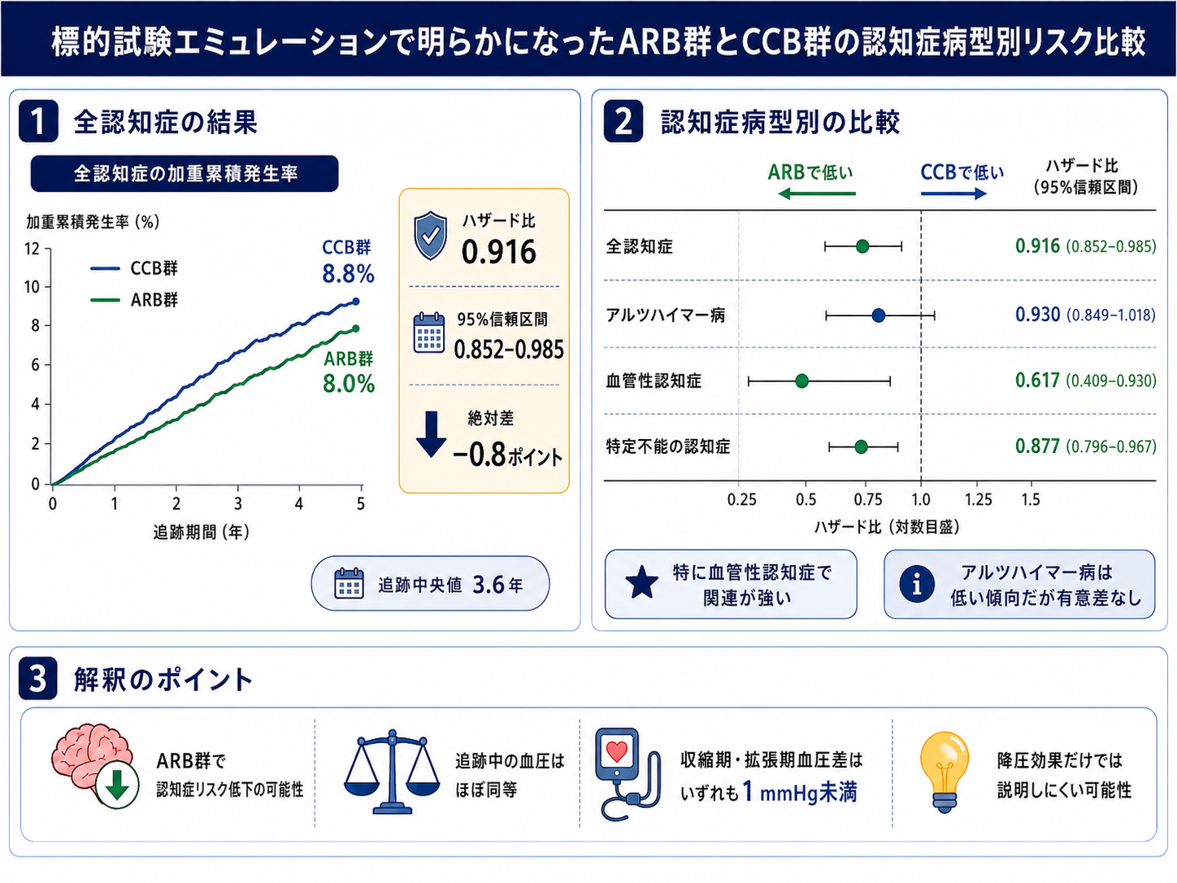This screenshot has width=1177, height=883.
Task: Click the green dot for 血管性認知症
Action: click(801, 381)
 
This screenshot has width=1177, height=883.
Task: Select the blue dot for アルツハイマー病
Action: click(879, 315)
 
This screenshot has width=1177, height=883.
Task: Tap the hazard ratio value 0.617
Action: click(1037, 381)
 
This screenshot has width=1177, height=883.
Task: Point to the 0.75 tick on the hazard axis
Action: click(867, 500)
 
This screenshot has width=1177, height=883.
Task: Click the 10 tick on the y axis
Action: click(33, 287)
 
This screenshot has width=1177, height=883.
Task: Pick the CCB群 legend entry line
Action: click(105, 268)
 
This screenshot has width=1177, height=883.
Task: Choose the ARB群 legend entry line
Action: click(105, 300)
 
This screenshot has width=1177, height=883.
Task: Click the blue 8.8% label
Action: click(348, 274)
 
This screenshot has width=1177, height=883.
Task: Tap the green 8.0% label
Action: click(349, 384)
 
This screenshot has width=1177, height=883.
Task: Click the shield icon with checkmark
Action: click(431, 235)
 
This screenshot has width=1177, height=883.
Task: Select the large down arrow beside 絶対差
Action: click(431, 433)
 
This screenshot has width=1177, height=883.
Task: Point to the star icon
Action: click(642, 583)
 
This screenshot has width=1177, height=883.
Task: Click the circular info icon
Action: click(917, 584)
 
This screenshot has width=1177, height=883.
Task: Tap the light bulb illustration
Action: click(945, 772)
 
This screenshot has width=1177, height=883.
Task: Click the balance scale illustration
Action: click(393, 772)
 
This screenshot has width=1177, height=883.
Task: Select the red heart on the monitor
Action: click(617, 751)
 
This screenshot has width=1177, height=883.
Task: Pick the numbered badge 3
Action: click(37, 678)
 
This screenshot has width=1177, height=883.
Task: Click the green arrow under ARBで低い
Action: click(817, 194)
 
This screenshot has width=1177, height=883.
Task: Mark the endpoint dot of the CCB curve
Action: click(355, 302)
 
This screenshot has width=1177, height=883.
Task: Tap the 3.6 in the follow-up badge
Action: click(488, 585)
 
